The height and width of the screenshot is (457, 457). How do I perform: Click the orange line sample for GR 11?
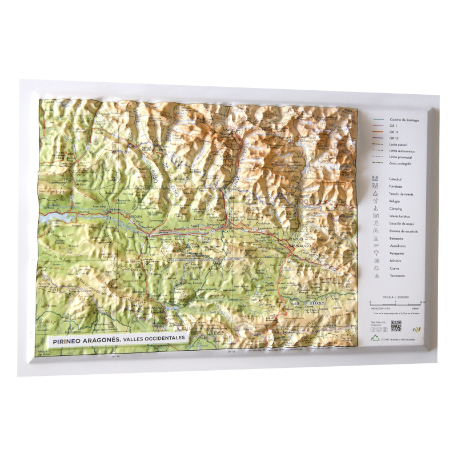click(x=378, y=132)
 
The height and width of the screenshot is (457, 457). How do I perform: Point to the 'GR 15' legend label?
click(x=393, y=138)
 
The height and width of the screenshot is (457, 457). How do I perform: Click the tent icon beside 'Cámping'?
click(x=375, y=209)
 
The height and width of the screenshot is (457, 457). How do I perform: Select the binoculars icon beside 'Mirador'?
click(x=375, y=260)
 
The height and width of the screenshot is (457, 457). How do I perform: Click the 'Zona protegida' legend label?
click(x=400, y=163)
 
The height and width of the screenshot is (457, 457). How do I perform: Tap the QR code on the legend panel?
click(x=395, y=327)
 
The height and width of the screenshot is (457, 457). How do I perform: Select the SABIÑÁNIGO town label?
click(x=299, y=244)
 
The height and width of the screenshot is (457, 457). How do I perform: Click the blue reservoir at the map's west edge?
click(x=54, y=218)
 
